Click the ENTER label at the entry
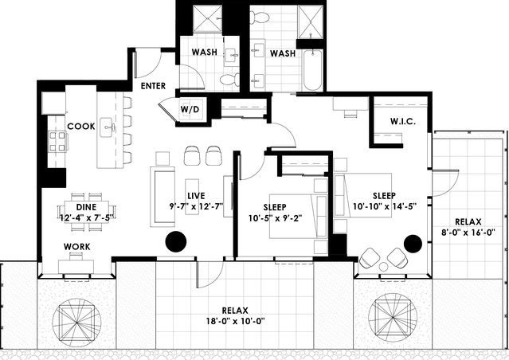point(153,86)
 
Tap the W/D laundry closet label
point(190,109)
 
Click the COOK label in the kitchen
point(81,127)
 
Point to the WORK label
point(77,247)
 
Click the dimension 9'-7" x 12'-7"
point(196,205)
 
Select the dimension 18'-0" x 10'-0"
point(236,321)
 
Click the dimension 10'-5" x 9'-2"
point(276,218)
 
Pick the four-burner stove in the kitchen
point(58,142)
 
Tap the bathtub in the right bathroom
point(312,70)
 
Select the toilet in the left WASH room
point(230,80)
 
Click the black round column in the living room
point(176,241)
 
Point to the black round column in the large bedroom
point(413,244)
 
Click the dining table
point(86,212)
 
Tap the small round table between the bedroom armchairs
point(383,267)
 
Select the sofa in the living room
point(162,197)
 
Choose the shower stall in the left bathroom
point(207,19)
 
